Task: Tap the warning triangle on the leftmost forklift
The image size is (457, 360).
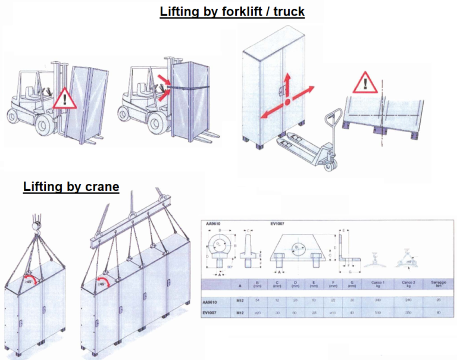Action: [65, 98]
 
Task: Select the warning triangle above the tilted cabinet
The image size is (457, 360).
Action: [364, 83]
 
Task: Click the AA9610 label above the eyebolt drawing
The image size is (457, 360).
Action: [214, 224]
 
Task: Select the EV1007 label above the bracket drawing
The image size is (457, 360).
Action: [278, 224]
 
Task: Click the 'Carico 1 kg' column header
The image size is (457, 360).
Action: [376, 285]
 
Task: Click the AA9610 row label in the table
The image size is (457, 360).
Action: [214, 301]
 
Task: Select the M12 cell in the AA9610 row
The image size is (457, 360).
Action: [239, 301]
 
